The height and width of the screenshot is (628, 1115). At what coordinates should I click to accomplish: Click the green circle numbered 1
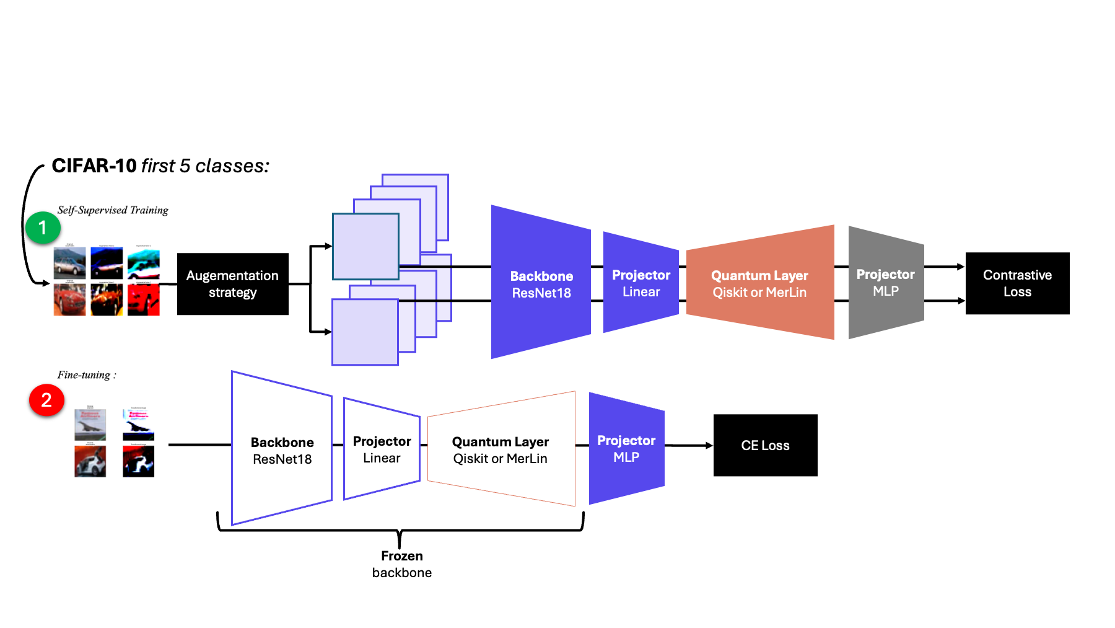pyautogui.click(x=43, y=228)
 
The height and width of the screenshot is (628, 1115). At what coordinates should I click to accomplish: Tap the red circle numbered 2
pyautogui.click(x=46, y=400)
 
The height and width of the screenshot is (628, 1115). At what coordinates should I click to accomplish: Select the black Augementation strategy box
pyautogui.click(x=232, y=284)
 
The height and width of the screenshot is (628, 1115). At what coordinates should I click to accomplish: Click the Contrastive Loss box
pyautogui.click(x=1017, y=283)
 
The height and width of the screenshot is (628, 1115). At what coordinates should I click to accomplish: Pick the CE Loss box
pyautogui.click(x=765, y=445)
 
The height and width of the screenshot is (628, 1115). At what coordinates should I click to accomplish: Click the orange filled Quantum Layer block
pyautogui.click(x=759, y=283)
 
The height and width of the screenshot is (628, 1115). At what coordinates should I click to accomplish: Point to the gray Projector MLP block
pyautogui.click(x=885, y=283)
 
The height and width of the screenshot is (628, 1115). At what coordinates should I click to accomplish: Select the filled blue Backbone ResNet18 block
pyautogui.click(x=541, y=283)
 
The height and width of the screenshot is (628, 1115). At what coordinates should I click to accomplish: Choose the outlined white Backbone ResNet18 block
pyautogui.click(x=282, y=449)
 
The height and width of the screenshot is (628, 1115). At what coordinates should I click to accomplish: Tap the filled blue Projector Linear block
pyautogui.click(x=641, y=283)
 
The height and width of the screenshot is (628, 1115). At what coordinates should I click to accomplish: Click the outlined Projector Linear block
pyautogui.click(x=382, y=449)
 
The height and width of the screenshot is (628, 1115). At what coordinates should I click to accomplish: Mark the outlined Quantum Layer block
pyautogui.click(x=501, y=449)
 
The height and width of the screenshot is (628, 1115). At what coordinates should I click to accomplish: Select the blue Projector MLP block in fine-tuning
pyautogui.click(x=626, y=448)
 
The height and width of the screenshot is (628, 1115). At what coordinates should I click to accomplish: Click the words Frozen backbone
pyautogui.click(x=401, y=564)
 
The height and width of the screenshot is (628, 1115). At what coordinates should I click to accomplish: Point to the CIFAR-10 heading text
pyautogui.click(x=160, y=166)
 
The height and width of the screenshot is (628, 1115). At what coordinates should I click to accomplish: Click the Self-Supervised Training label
pyautogui.click(x=113, y=210)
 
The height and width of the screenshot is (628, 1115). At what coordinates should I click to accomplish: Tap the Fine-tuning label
pyautogui.click(x=87, y=375)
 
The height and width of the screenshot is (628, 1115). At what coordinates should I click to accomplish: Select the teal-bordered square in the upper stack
pyautogui.click(x=365, y=247)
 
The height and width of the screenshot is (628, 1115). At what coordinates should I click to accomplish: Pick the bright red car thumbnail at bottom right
pyautogui.click(x=144, y=299)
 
